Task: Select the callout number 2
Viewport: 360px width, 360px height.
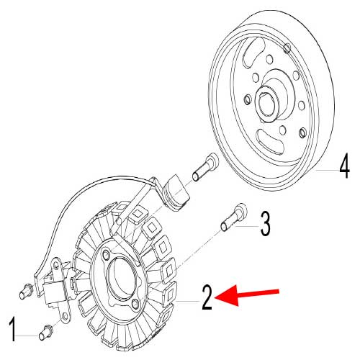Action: click(207, 297)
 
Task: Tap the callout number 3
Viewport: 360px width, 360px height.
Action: click(265, 224)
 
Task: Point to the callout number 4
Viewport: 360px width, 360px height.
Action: click(343, 168)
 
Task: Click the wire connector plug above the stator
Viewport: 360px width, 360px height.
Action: click(175, 190)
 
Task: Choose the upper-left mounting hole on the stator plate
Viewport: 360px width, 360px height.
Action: click(107, 256)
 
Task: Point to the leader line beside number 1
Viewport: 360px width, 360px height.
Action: click(30, 335)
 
